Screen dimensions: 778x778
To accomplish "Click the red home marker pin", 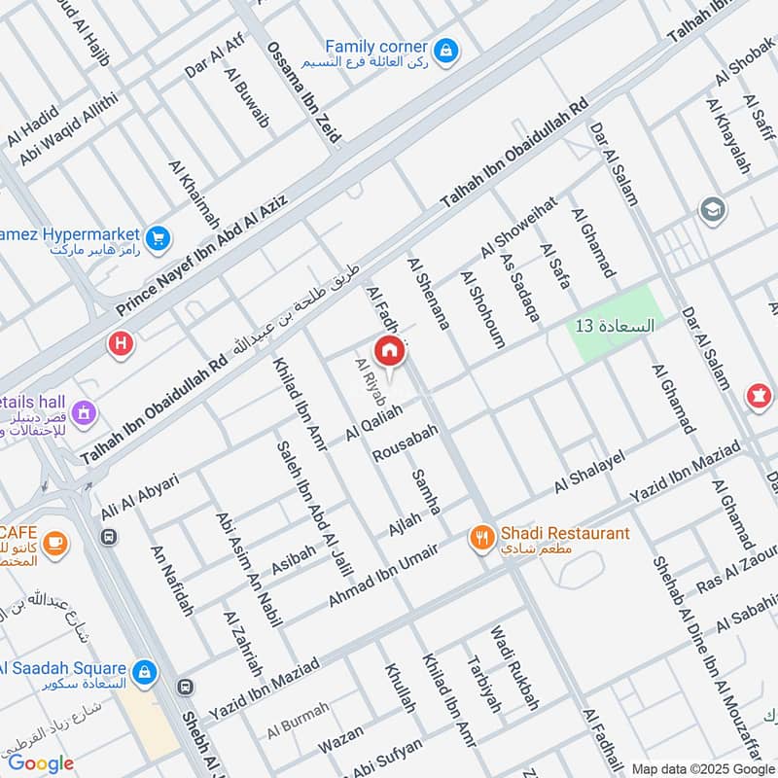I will coord(389,351).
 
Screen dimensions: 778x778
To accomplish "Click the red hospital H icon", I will coord(120,343).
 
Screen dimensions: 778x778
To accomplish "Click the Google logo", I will coord(41,763).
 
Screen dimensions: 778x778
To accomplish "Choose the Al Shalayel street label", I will coord(587,473).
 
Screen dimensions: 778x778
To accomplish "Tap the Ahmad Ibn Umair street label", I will coord(382,576).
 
